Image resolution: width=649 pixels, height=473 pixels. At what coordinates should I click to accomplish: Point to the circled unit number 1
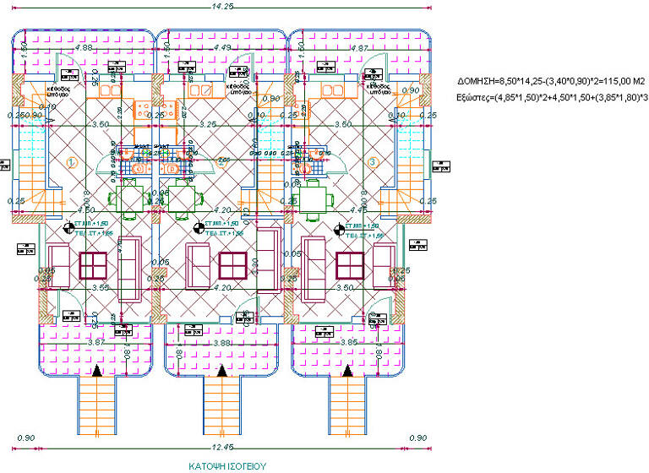click(72, 162)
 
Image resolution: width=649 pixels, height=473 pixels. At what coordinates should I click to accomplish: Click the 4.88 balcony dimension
click(84, 48)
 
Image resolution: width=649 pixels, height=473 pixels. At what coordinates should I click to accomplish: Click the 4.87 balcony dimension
click(358, 48)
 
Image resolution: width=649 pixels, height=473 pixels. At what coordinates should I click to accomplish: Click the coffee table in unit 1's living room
click(93, 265)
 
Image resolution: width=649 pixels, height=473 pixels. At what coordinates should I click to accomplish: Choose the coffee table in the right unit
click(349, 265)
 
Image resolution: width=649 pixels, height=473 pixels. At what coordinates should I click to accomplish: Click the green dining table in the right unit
click(312, 200)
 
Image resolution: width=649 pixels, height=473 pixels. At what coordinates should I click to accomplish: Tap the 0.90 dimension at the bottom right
click(417, 438)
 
